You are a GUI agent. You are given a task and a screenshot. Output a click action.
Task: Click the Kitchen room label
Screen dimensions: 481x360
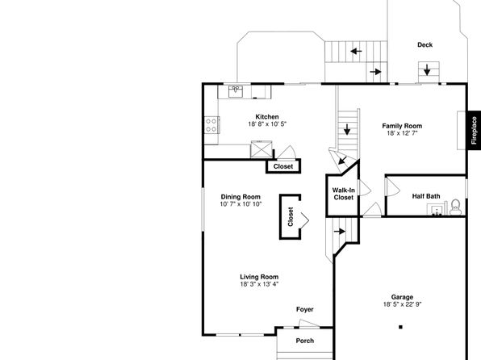pos(267,116)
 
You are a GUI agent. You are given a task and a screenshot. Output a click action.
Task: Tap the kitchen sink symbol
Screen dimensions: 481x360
pos(236,91)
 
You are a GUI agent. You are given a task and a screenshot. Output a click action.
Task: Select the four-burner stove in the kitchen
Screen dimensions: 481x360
pos(212,125)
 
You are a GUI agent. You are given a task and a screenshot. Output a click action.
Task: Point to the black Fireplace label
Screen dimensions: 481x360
pos(474,131)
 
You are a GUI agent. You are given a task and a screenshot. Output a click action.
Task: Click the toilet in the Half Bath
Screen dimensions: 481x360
pos(455,207)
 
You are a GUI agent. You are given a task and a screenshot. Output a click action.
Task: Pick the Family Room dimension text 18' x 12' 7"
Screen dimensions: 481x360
pos(402,133)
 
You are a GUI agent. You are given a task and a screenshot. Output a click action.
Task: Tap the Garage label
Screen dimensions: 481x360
pos(402,297)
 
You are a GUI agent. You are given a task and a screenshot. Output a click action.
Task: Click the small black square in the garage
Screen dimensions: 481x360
pos(400,327)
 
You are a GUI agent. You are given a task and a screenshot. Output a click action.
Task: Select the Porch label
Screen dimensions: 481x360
pos(305,341)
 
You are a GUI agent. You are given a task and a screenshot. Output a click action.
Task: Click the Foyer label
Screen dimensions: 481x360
pos(305,309)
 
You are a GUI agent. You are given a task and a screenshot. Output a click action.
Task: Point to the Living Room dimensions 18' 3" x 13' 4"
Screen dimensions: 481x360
pos(259,284)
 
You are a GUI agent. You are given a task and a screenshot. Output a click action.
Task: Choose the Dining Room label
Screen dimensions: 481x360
pos(240,197)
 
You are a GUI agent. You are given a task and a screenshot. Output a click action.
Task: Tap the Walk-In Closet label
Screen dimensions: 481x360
pos(344,194)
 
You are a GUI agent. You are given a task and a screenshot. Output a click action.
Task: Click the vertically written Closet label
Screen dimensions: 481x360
pos(291,216)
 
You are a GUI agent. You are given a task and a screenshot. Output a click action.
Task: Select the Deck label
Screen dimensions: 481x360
pos(425,45)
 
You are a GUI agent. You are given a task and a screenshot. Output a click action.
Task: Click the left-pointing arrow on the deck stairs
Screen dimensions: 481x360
pos(356,51)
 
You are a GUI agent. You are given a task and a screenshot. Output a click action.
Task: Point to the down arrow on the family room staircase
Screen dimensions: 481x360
pos(347,129)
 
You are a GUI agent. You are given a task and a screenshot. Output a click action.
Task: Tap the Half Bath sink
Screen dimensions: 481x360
pos(437,210)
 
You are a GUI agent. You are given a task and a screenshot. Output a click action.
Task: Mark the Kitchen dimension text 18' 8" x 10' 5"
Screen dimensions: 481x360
pos(267,124)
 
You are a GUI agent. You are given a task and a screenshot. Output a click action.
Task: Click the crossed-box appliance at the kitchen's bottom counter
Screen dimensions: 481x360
pos(261,149)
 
